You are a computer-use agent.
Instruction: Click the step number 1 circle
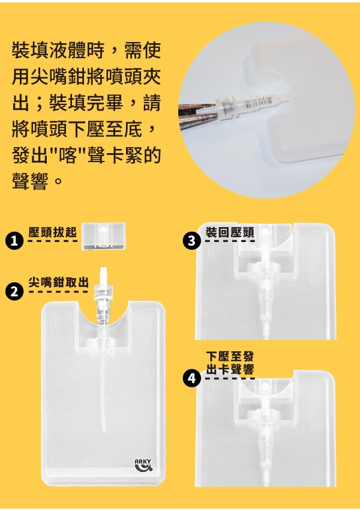pyautogui.click(x=14, y=241)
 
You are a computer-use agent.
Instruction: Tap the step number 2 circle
pyautogui.click(x=14, y=292)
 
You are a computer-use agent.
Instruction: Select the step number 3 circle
pyautogui.click(x=192, y=241)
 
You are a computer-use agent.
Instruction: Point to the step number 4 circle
pyautogui.click(x=192, y=379)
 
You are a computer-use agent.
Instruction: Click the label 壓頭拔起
pyautogui.click(x=53, y=232)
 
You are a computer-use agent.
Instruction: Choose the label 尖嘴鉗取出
pyautogui.click(x=59, y=282)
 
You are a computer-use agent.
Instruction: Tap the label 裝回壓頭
pyautogui.click(x=230, y=233)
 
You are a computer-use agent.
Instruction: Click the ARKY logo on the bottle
pyautogui.click(x=143, y=465)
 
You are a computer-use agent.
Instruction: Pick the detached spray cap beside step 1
pyautogui.click(x=103, y=236)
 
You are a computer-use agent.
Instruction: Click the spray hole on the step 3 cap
pyautogui.click(x=265, y=232)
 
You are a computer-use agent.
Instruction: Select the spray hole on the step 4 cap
pyautogui.click(x=265, y=386)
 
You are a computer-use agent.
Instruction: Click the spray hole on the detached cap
pyautogui.click(x=104, y=229)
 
